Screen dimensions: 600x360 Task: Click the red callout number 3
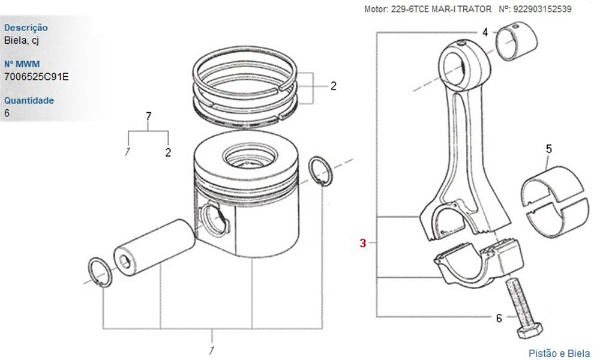(x=363, y=243)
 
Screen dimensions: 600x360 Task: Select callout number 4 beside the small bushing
(x=485, y=32)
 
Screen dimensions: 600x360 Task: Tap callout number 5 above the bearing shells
(x=549, y=149)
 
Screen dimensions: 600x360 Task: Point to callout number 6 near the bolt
(x=499, y=318)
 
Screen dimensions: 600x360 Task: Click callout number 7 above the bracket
(x=148, y=116)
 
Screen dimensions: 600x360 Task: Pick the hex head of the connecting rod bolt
(x=530, y=330)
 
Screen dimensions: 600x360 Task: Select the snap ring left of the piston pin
(x=100, y=272)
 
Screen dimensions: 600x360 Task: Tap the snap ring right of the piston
(x=320, y=172)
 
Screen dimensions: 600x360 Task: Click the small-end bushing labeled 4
(x=517, y=41)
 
